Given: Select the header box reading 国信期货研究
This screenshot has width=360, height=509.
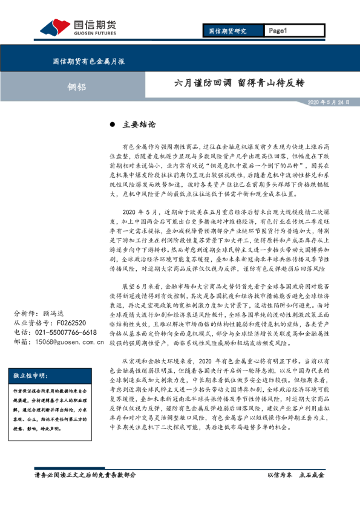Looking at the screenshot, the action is (x=227, y=31).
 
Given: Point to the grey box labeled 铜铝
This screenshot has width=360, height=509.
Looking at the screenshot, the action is (x=77, y=86).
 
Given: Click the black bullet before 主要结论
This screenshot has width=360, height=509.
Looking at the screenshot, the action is (x=112, y=125).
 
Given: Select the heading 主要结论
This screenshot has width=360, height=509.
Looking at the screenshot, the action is (x=139, y=125).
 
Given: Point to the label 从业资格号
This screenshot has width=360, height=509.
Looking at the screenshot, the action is (x=30, y=323).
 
